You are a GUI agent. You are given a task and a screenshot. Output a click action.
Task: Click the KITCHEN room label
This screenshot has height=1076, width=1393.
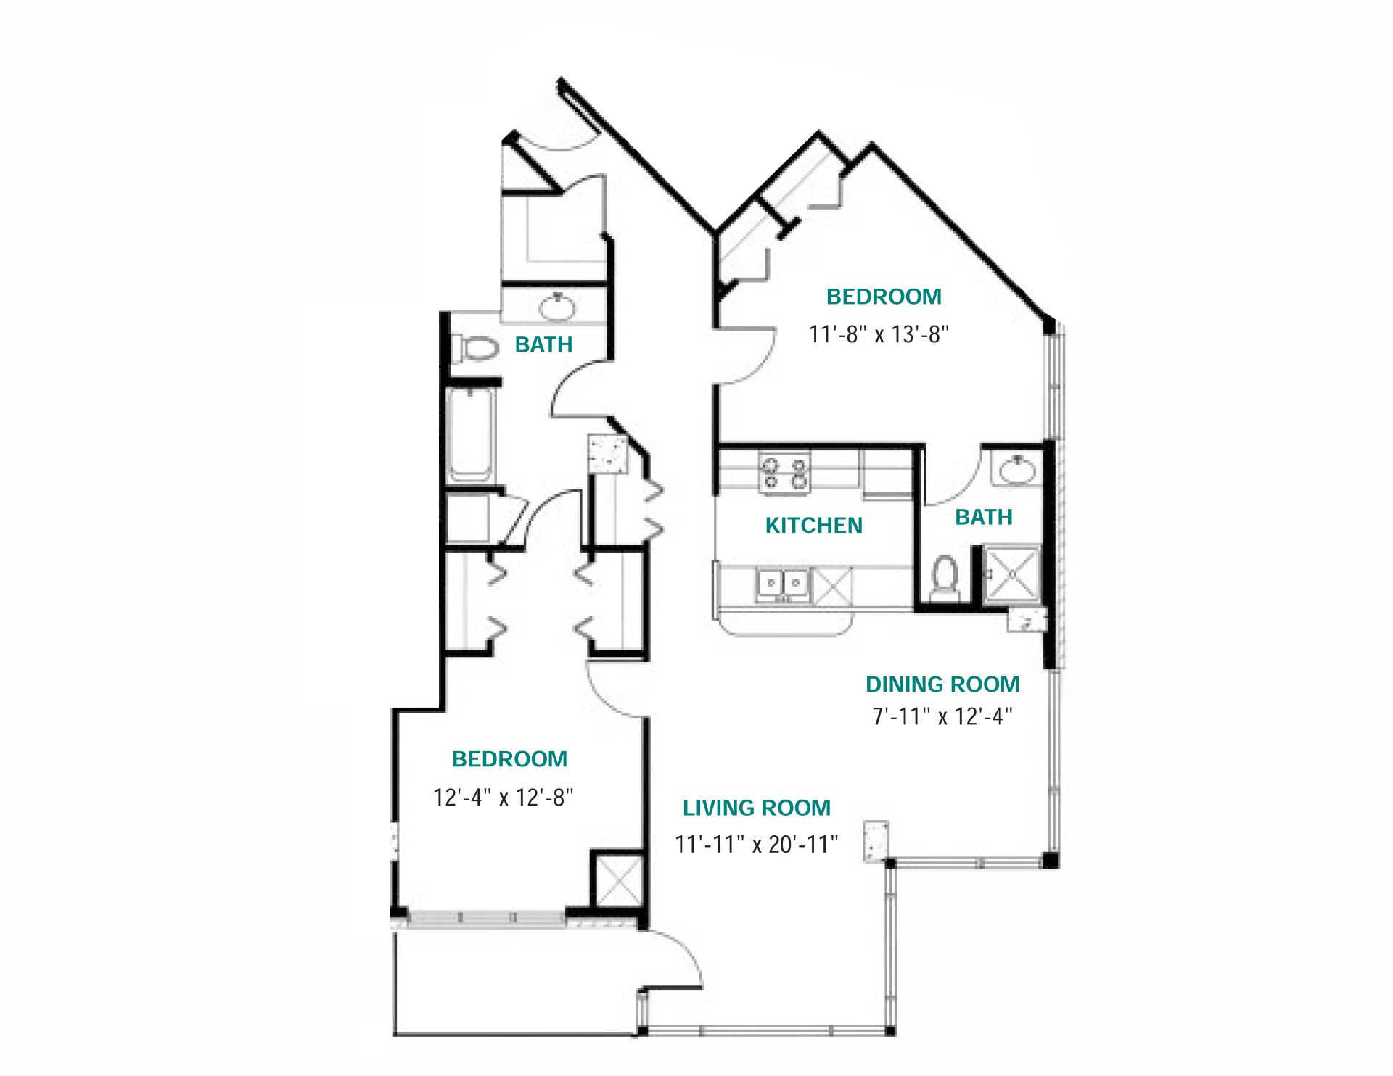(813, 526)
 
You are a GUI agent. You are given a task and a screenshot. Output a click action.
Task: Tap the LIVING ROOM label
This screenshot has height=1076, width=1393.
(756, 808)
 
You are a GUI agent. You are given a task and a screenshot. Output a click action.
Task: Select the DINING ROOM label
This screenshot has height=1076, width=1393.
(942, 684)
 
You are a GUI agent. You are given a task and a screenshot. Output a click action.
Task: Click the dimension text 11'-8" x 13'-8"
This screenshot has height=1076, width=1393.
(879, 334)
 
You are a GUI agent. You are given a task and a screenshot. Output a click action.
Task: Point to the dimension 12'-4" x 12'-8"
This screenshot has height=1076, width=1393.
(503, 798)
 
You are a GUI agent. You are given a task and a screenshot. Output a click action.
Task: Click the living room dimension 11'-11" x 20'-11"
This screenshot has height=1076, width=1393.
(756, 845)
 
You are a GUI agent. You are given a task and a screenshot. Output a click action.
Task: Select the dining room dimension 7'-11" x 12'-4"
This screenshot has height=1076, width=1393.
(942, 716)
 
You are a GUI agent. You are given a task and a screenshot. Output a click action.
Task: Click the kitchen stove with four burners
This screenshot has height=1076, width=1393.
(784, 472)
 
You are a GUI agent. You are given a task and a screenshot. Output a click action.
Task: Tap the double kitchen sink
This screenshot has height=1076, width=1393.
(784, 584)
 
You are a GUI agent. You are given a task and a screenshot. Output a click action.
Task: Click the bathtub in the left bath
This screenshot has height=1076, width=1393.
(471, 434)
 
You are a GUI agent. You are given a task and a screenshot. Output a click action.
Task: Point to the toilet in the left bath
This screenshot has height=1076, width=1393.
(475, 349)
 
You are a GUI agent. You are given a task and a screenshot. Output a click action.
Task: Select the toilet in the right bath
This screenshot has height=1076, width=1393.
(945, 578)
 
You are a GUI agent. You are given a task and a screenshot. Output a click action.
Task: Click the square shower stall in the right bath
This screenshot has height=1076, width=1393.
(1011, 574)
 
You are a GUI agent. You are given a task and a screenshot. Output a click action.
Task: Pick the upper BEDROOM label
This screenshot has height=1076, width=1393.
(884, 297)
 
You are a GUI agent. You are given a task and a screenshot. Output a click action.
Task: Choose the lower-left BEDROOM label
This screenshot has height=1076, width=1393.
(509, 759)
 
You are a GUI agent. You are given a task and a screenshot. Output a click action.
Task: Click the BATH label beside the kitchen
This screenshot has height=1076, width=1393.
(983, 517)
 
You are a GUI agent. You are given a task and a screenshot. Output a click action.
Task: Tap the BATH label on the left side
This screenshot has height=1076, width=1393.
(543, 344)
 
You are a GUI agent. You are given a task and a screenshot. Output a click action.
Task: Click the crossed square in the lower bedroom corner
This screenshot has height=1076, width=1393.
(618, 881)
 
